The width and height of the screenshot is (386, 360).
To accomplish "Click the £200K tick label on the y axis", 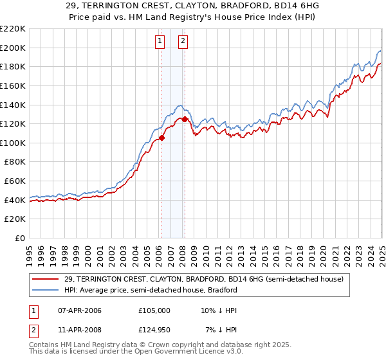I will tap(13, 48).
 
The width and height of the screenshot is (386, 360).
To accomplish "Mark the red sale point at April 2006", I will tap(161, 138).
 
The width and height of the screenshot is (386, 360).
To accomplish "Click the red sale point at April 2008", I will tap(185, 119).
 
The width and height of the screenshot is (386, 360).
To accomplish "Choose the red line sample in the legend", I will tap(46, 279).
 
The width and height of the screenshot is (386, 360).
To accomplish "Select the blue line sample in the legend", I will tap(46, 290).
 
